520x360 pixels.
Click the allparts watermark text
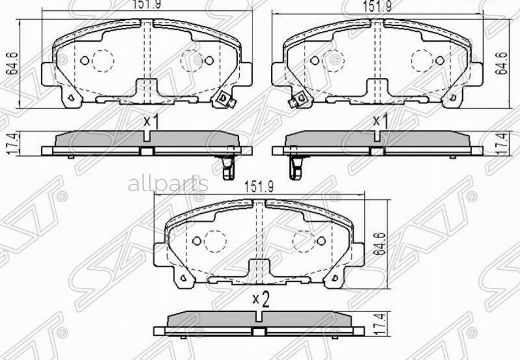click(168, 184)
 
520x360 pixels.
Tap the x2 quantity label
click(262, 299)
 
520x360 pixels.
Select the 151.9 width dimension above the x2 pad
click(258, 187)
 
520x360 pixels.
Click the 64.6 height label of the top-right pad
click(504, 63)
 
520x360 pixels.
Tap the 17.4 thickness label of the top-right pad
click(504, 143)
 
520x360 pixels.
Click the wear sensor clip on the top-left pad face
click(224, 101)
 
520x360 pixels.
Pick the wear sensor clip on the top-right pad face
click(298, 102)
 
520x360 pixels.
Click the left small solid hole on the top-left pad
click(84, 60)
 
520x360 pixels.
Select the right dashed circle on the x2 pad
click(302, 240)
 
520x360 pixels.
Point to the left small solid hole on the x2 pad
click(196, 240)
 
